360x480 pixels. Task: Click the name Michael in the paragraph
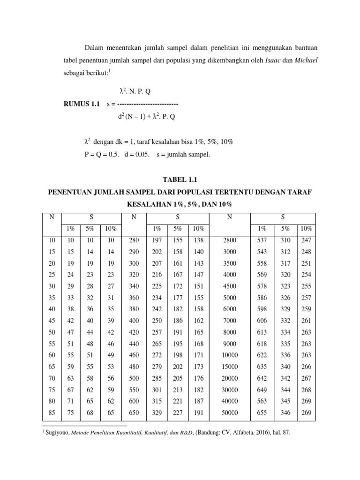306,60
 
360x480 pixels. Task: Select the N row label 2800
230,240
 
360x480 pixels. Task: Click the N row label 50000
230,412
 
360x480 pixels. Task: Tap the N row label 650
135,412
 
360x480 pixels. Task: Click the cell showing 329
157,412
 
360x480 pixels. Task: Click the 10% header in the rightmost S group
306,229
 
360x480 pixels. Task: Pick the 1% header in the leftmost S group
70,229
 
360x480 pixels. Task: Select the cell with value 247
306,240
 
